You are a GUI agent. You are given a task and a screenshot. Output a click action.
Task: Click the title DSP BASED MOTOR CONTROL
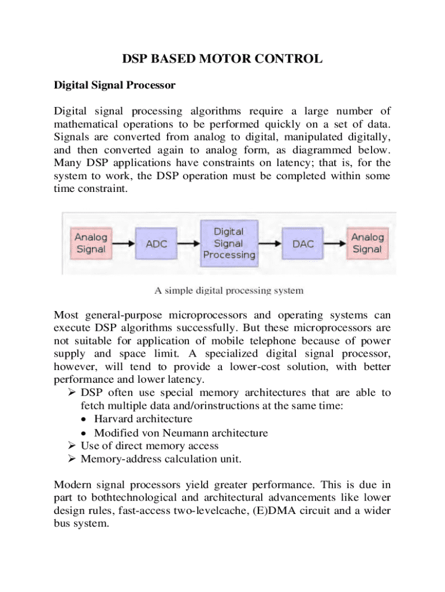[222, 59]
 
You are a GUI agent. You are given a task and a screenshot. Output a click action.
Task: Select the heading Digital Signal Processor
[114, 86]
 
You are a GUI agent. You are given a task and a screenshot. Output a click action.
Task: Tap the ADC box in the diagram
[156, 244]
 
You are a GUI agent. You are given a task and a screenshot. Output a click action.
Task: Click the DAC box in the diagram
[303, 244]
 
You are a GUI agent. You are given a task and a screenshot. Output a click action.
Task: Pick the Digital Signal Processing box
[228, 243]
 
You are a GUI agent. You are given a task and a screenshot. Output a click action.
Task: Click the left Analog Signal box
[91, 243]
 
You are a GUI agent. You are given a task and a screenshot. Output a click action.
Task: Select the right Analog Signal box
[368, 243]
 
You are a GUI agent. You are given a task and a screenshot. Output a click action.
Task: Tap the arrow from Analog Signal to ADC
[123, 244]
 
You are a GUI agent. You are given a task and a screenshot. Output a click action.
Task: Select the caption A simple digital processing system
[228, 291]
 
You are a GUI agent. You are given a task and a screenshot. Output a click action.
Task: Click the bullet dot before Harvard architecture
[85, 419]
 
